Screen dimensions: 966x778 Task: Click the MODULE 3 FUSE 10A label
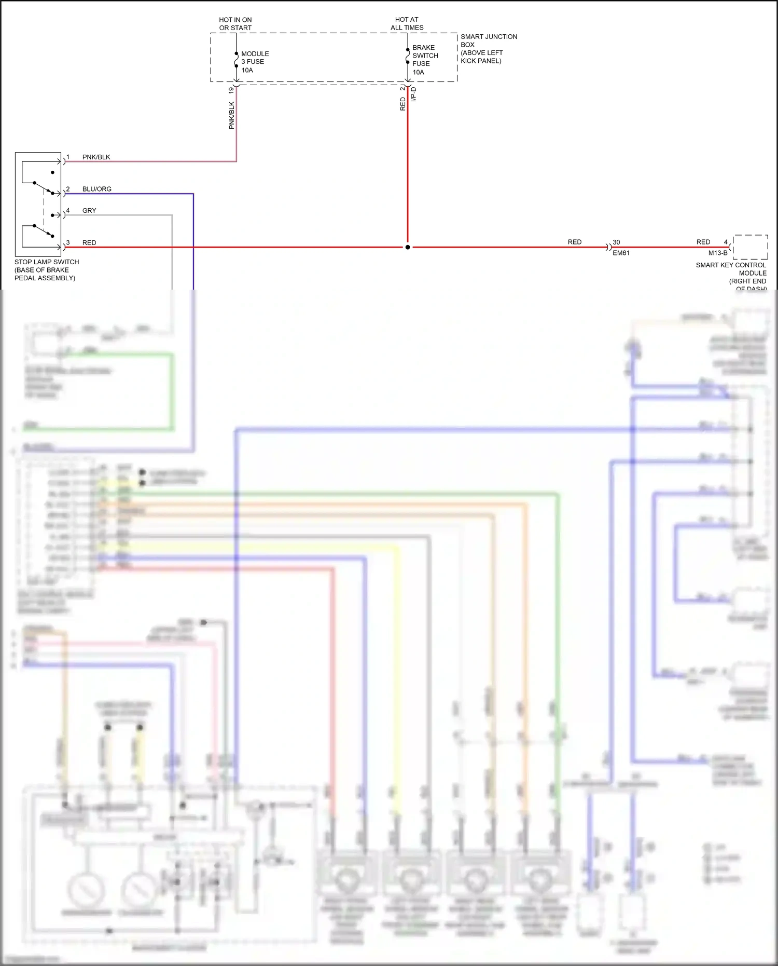[255, 62]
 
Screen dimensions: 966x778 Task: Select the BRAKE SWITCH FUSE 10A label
[425, 60]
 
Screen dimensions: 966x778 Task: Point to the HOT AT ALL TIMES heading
[407, 23]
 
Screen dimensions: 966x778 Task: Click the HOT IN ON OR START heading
[235, 23]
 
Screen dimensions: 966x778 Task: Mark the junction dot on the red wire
[408, 247]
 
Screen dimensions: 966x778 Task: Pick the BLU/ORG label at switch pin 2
[96, 189]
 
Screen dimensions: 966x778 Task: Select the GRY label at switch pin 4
[89, 210]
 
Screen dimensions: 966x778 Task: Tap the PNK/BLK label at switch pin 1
[96, 157]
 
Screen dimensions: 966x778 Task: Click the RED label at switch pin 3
[89, 242]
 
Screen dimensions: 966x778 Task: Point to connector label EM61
[621, 253]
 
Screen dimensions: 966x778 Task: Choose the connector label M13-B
[718, 253]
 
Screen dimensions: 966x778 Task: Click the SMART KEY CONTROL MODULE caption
[731, 273]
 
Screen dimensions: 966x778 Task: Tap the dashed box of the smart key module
[750, 247]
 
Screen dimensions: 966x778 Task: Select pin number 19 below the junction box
[231, 90]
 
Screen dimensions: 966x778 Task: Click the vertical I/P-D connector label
[413, 94]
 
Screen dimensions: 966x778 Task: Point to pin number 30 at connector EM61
[616, 242]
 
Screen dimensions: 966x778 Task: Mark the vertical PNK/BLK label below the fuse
[231, 115]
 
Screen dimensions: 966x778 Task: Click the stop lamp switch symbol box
[38, 203]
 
